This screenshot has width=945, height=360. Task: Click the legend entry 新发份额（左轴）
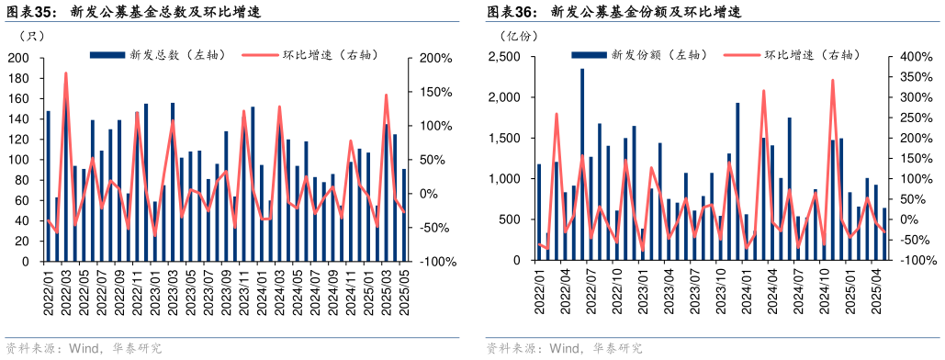pyautogui.click(x=637, y=55)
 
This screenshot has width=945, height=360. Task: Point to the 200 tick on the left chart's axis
pyautogui.click(x=18, y=58)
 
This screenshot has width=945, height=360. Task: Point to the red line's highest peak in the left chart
pyautogui.click(x=65, y=73)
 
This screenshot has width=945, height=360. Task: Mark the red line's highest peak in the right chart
pyautogui.click(x=832, y=80)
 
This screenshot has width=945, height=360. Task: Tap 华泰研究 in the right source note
pyautogui.click(x=617, y=348)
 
